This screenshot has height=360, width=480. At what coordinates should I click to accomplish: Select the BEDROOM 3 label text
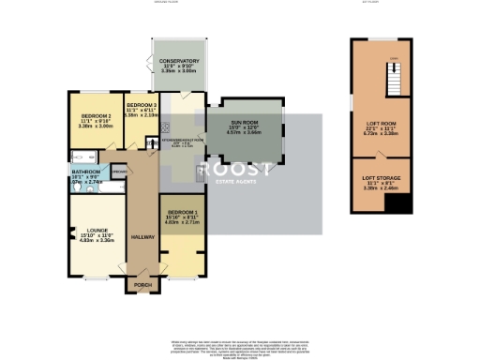[x=140, y=103]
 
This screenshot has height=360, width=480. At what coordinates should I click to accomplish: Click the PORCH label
[x=143, y=284]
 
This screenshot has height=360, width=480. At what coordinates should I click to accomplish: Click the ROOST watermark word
[x=244, y=170]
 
